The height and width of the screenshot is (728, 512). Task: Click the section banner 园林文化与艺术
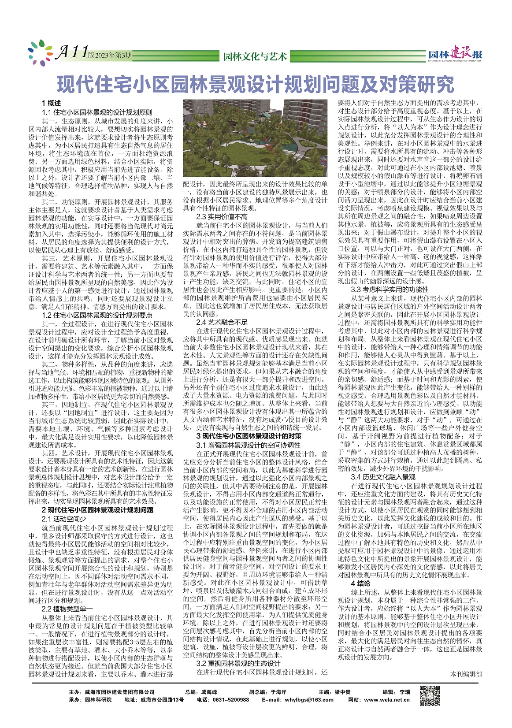pyautogui.click(x=255, y=56)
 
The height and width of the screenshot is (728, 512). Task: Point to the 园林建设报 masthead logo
pyautogui.click(x=456, y=55)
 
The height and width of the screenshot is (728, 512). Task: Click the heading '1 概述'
pyautogui.click(x=51, y=104)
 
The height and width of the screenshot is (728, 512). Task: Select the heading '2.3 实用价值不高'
pyautogui.click(x=222, y=217)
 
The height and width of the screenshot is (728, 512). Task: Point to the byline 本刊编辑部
pyautogui.click(x=466, y=674)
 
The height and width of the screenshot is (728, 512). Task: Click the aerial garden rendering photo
pyautogui.click(x=256, y=139)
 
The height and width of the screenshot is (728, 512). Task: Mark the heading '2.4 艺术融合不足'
pyautogui.click(x=222, y=323)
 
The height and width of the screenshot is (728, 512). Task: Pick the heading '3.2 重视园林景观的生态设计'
pyautogui.click(x=238, y=664)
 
